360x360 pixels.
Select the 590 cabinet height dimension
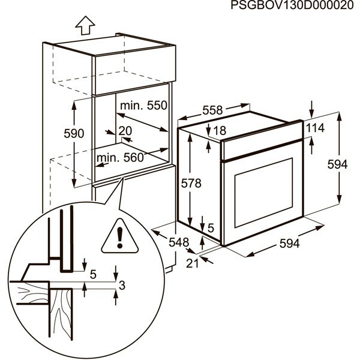click(74, 133)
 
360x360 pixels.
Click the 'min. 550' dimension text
click(142, 106)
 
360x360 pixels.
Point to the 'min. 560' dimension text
click(120, 158)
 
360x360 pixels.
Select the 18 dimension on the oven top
click(219, 130)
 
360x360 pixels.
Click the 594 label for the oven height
click(338, 164)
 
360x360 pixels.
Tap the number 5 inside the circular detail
click(92, 274)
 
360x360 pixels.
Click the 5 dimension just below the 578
click(211, 227)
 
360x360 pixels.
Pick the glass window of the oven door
click(262, 192)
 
